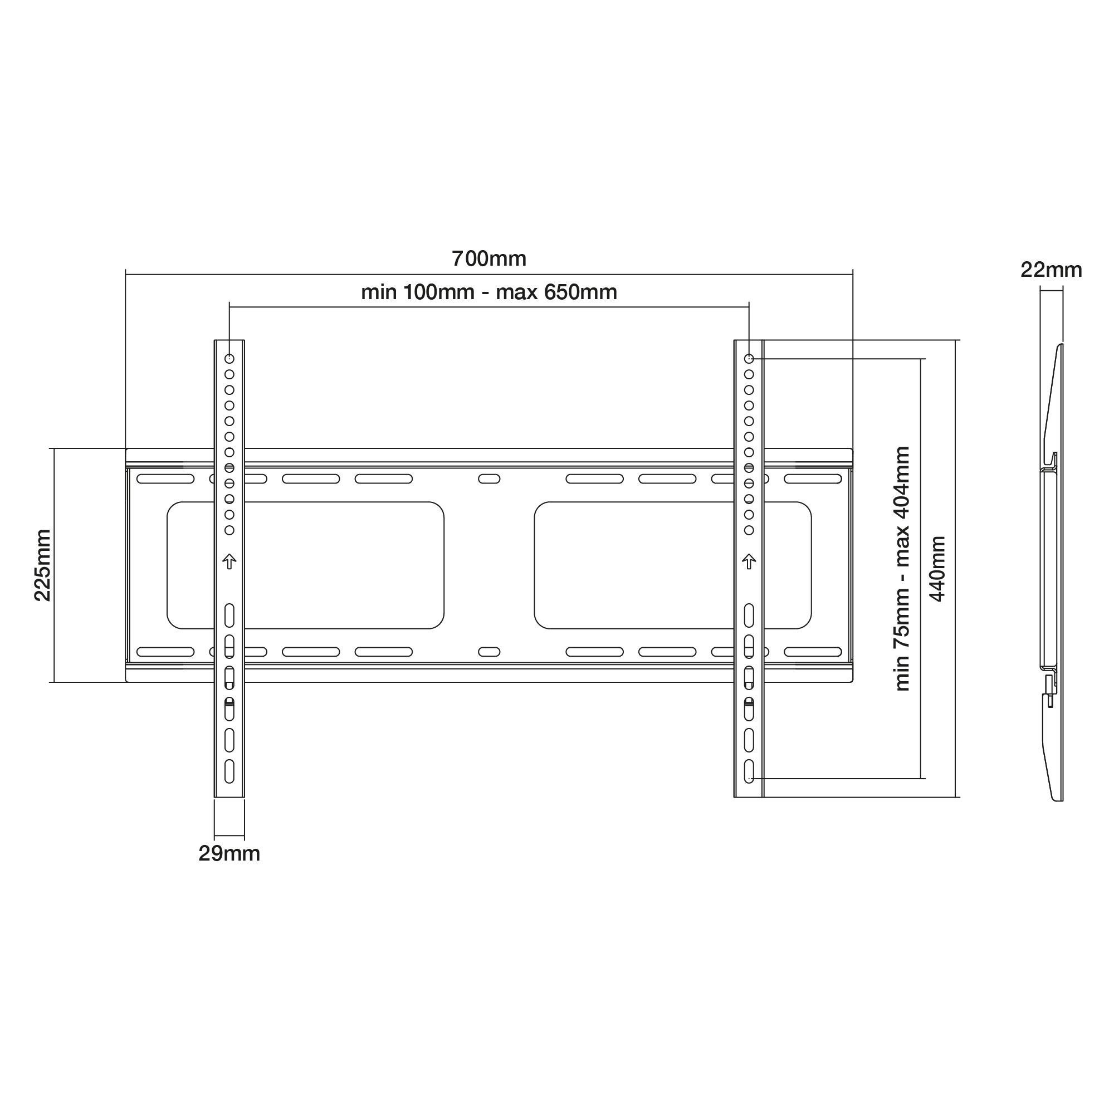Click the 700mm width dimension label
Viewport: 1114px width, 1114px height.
pos(489,259)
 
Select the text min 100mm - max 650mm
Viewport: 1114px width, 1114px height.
pos(489,292)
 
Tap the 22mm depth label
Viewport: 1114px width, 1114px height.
pos(1051,270)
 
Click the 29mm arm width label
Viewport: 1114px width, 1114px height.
pos(229,853)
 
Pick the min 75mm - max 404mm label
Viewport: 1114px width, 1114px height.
pos(902,569)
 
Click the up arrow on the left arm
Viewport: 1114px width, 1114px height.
pos(229,561)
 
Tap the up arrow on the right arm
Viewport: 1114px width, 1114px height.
pos(749,561)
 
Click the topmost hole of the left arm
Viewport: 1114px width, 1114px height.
pos(229,359)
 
